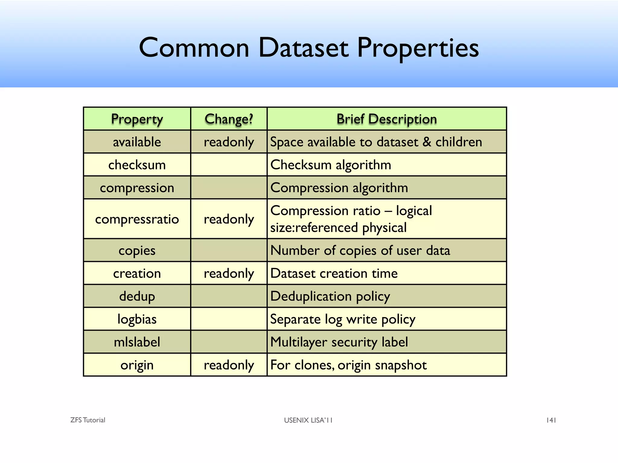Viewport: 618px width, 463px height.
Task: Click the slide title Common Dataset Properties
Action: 309,48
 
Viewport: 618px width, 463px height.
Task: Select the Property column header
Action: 137,119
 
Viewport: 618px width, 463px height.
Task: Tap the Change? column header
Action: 229,119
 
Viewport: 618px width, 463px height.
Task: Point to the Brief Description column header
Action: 387,119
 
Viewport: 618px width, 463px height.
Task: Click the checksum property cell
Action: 137,165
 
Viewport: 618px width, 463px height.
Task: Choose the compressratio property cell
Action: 137,219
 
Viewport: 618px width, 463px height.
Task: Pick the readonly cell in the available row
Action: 229,142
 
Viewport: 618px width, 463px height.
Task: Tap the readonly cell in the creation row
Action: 229,273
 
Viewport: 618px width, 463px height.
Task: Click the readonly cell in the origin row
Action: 229,365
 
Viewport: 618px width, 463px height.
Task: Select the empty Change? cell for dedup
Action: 229,296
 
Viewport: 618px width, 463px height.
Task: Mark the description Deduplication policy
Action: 330,296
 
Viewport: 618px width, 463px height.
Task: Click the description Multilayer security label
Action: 339,342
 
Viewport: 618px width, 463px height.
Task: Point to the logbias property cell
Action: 137,319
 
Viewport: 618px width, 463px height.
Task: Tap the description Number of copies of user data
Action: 360,250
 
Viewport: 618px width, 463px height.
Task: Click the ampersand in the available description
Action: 427,142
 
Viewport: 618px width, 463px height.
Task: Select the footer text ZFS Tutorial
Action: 88,420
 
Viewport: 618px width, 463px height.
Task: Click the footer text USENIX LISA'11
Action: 308,420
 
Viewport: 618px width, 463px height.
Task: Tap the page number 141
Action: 551,420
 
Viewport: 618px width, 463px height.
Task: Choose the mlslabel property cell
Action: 137,342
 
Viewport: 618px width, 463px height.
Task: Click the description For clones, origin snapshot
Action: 349,365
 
